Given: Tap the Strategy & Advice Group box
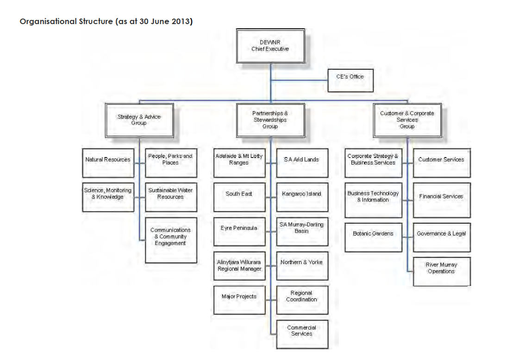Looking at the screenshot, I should (x=139, y=120).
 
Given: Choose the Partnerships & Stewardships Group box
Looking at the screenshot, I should (x=270, y=120).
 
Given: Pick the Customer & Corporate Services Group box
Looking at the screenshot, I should (x=407, y=120).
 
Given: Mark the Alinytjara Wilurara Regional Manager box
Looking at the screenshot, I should (x=239, y=265).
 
